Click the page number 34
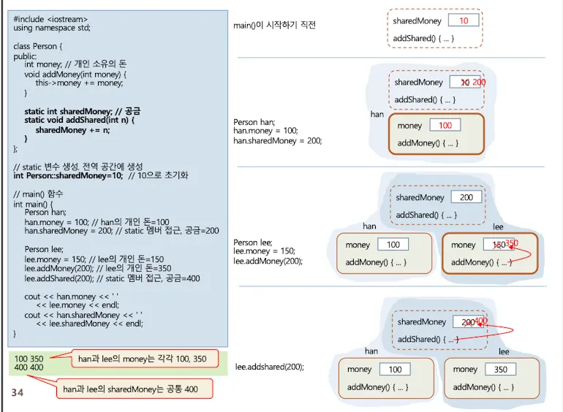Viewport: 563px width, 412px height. [x=18, y=394]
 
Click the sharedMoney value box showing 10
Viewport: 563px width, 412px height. [x=464, y=21]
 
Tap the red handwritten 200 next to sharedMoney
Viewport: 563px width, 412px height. [x=478, y=83]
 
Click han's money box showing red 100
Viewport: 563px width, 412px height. [x=445, y=126]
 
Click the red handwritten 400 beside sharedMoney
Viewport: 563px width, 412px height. [x=480, y=321]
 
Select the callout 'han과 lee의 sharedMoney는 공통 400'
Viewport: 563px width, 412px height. [x=130, y=389]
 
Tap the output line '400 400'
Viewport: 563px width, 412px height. [x=29, y=368]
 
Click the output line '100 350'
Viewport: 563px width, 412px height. [x=29, y=359]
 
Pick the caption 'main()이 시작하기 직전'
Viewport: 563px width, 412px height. [x=274, y=26]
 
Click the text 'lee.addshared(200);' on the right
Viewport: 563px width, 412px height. [x=269, y=367]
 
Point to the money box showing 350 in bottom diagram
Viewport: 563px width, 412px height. [x=500, y=370]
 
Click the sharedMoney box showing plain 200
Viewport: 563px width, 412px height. [x=466, y=197]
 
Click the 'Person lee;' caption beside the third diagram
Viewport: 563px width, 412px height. [x=253, y=243]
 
